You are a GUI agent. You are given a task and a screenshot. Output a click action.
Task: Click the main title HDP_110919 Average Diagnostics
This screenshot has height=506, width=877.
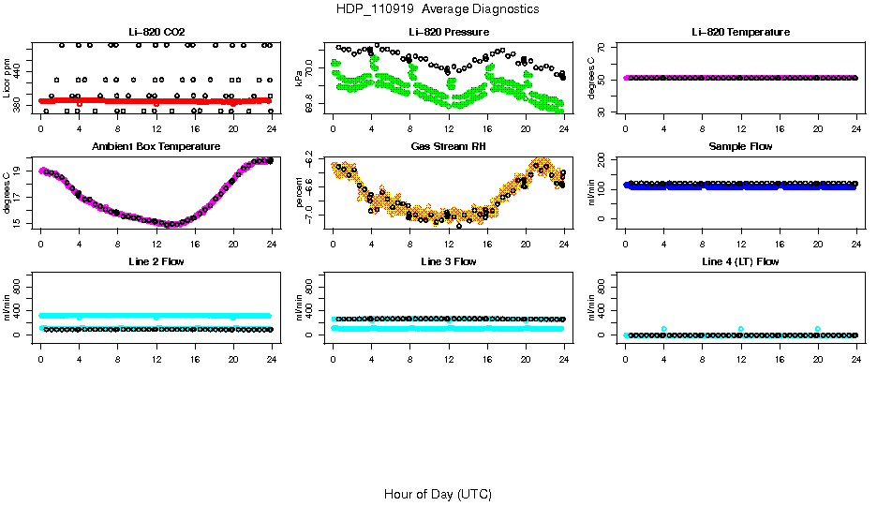438,8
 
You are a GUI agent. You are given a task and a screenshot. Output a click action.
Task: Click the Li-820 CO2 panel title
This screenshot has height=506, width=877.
156,33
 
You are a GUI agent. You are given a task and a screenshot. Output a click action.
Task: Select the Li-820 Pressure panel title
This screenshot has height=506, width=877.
449,33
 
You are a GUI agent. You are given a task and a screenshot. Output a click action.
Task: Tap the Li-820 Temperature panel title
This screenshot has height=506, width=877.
740,33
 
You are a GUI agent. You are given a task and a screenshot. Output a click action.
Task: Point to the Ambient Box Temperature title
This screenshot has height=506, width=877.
156,147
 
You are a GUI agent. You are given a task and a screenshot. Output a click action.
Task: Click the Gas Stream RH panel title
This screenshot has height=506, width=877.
449,147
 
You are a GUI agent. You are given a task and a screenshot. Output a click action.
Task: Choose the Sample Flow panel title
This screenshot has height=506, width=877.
740,147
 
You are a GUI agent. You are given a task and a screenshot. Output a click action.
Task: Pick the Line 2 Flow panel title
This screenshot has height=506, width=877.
156,261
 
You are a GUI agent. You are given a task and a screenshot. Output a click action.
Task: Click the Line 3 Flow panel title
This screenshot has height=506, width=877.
449,261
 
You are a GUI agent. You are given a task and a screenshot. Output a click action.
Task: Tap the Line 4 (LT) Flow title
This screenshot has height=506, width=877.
740,261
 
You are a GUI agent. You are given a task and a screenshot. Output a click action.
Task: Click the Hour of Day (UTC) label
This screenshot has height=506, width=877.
438,494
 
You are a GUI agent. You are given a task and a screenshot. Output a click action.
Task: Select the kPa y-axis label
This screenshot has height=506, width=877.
300,79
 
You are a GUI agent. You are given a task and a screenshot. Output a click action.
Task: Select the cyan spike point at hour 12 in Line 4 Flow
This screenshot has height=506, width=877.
740,329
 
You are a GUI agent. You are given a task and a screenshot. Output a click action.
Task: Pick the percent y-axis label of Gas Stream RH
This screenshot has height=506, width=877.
300,193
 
